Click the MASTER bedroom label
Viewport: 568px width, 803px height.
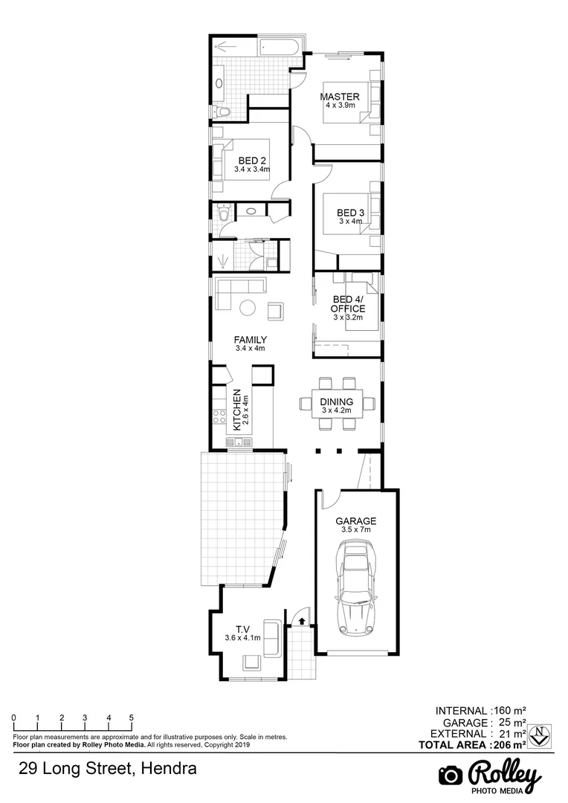[340, 97]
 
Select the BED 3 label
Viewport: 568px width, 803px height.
[350, 212]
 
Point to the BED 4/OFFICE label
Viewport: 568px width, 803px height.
[348, 304]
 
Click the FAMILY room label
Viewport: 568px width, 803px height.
[251, 340]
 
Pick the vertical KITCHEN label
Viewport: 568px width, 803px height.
[237, 410]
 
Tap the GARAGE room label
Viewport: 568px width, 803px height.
[355, 521]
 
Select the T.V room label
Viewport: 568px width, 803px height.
[242, 628]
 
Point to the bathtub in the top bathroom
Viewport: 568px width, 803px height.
[279, 49]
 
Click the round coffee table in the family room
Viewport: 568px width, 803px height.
[247, 306]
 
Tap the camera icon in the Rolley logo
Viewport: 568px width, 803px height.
[450, 775]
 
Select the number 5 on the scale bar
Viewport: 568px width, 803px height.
[132, 717]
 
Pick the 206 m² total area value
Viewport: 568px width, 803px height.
[510, 744]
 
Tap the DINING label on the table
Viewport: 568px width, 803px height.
[337, 402]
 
